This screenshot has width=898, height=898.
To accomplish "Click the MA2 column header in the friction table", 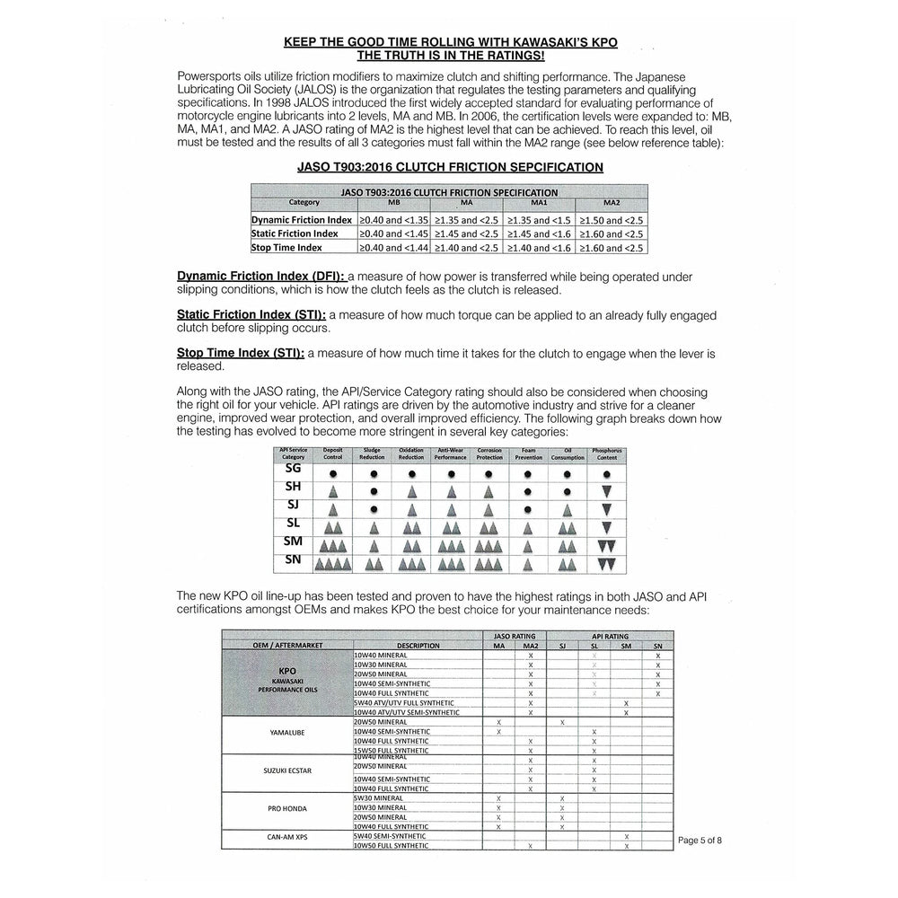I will click(612, 203).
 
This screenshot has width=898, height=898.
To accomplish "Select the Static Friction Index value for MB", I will click(393, 233).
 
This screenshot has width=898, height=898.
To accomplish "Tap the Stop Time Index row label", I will click(286, 247).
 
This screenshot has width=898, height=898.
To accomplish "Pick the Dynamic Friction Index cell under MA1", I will click(539, 220).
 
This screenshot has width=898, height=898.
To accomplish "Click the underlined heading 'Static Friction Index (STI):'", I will click(251, 315).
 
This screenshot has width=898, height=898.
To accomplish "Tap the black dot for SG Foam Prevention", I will click(530, 472).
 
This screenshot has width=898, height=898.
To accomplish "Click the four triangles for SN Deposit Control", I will click(333, 564).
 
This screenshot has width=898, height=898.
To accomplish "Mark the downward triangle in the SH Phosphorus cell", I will click(606, 491).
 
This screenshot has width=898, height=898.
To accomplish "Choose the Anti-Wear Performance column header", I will click(451, 453).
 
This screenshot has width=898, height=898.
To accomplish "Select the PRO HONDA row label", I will click(287, 808).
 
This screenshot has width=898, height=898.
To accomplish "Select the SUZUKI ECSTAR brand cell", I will click(287, 770).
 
